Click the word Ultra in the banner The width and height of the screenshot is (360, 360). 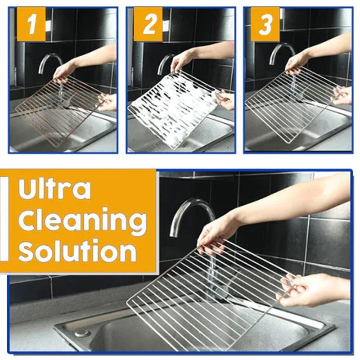(54, 189)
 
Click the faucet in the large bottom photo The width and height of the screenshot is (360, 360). (189, 211)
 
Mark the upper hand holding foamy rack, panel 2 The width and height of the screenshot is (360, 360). (182, 61)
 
